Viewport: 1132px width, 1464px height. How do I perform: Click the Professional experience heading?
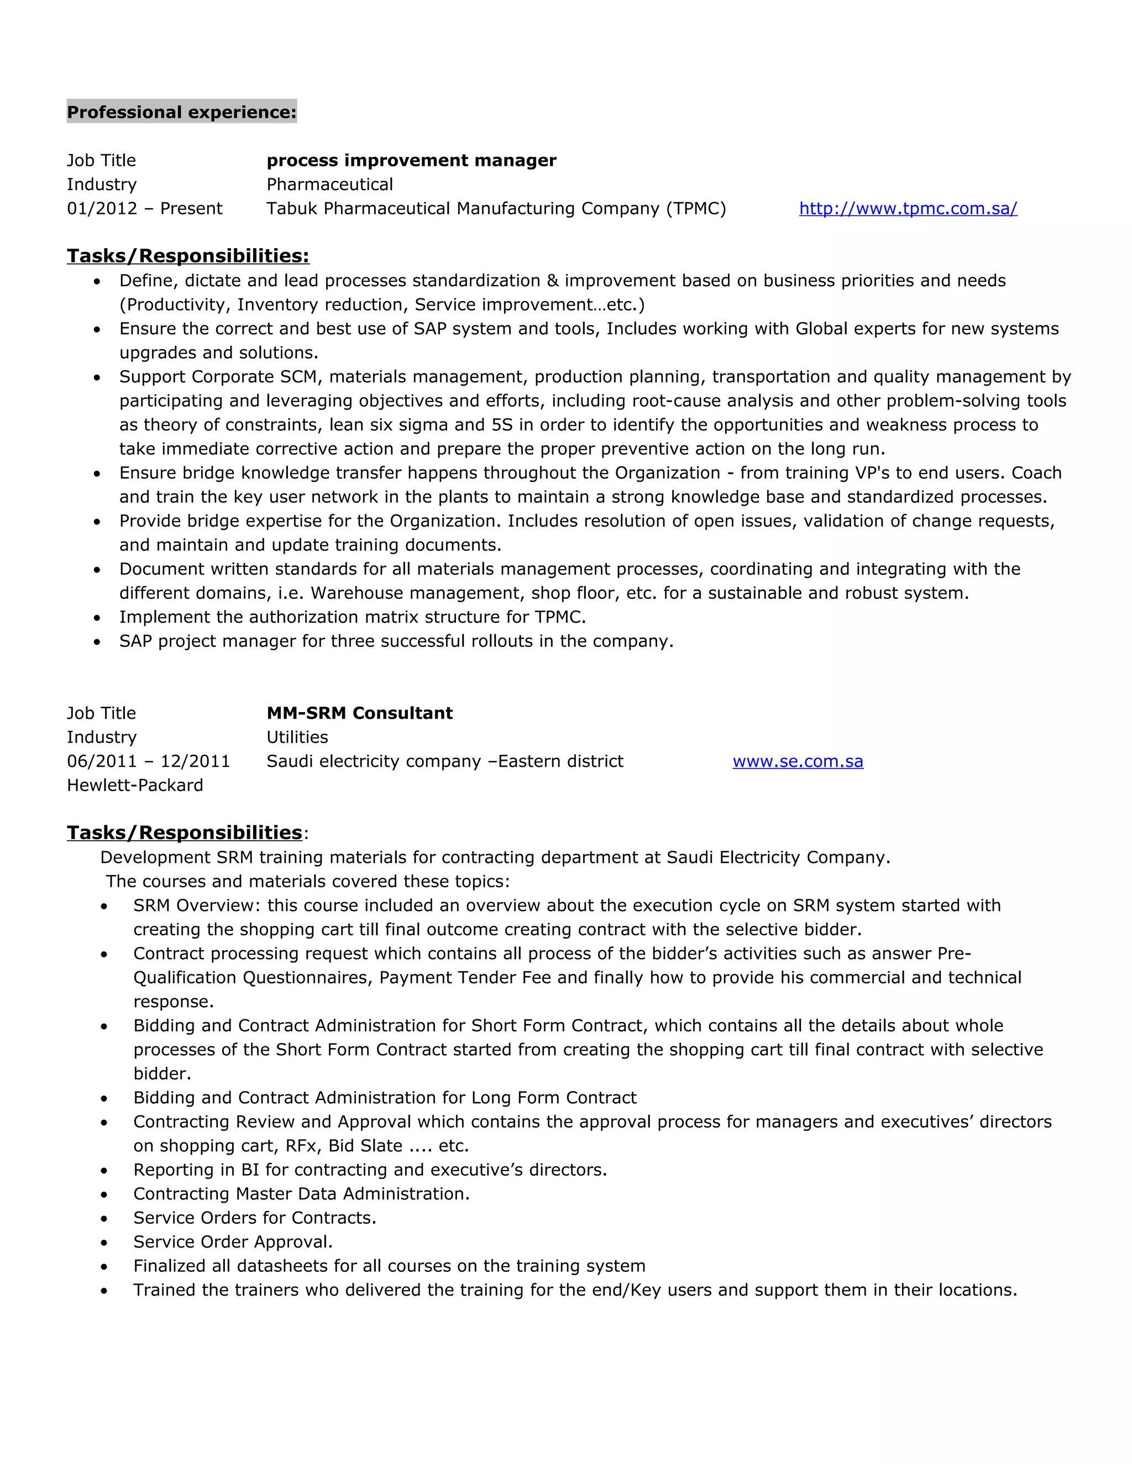(x=181, y=112)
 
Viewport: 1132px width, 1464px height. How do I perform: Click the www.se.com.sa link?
(x=798, y=761)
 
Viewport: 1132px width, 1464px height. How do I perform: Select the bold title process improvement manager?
(x=411, y=161)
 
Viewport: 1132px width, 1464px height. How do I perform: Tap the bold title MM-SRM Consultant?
(x=359, y=713)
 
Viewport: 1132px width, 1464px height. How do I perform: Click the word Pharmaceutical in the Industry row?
(x=329, y=185)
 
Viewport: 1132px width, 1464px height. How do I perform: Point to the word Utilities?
(x=297, y=738)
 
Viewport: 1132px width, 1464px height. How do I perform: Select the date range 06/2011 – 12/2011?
(x=148, y=761)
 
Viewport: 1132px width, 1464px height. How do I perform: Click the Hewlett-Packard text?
(x=135, y=786)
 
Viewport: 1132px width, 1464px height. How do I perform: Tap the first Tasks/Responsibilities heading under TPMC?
(x=188, y=256)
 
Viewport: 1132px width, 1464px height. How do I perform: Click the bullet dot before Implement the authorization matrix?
(x=97, y=618)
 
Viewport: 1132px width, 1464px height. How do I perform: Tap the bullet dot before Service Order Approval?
(x=104, y=1243)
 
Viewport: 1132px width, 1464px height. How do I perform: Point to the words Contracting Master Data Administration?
(x=301, y=1194)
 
